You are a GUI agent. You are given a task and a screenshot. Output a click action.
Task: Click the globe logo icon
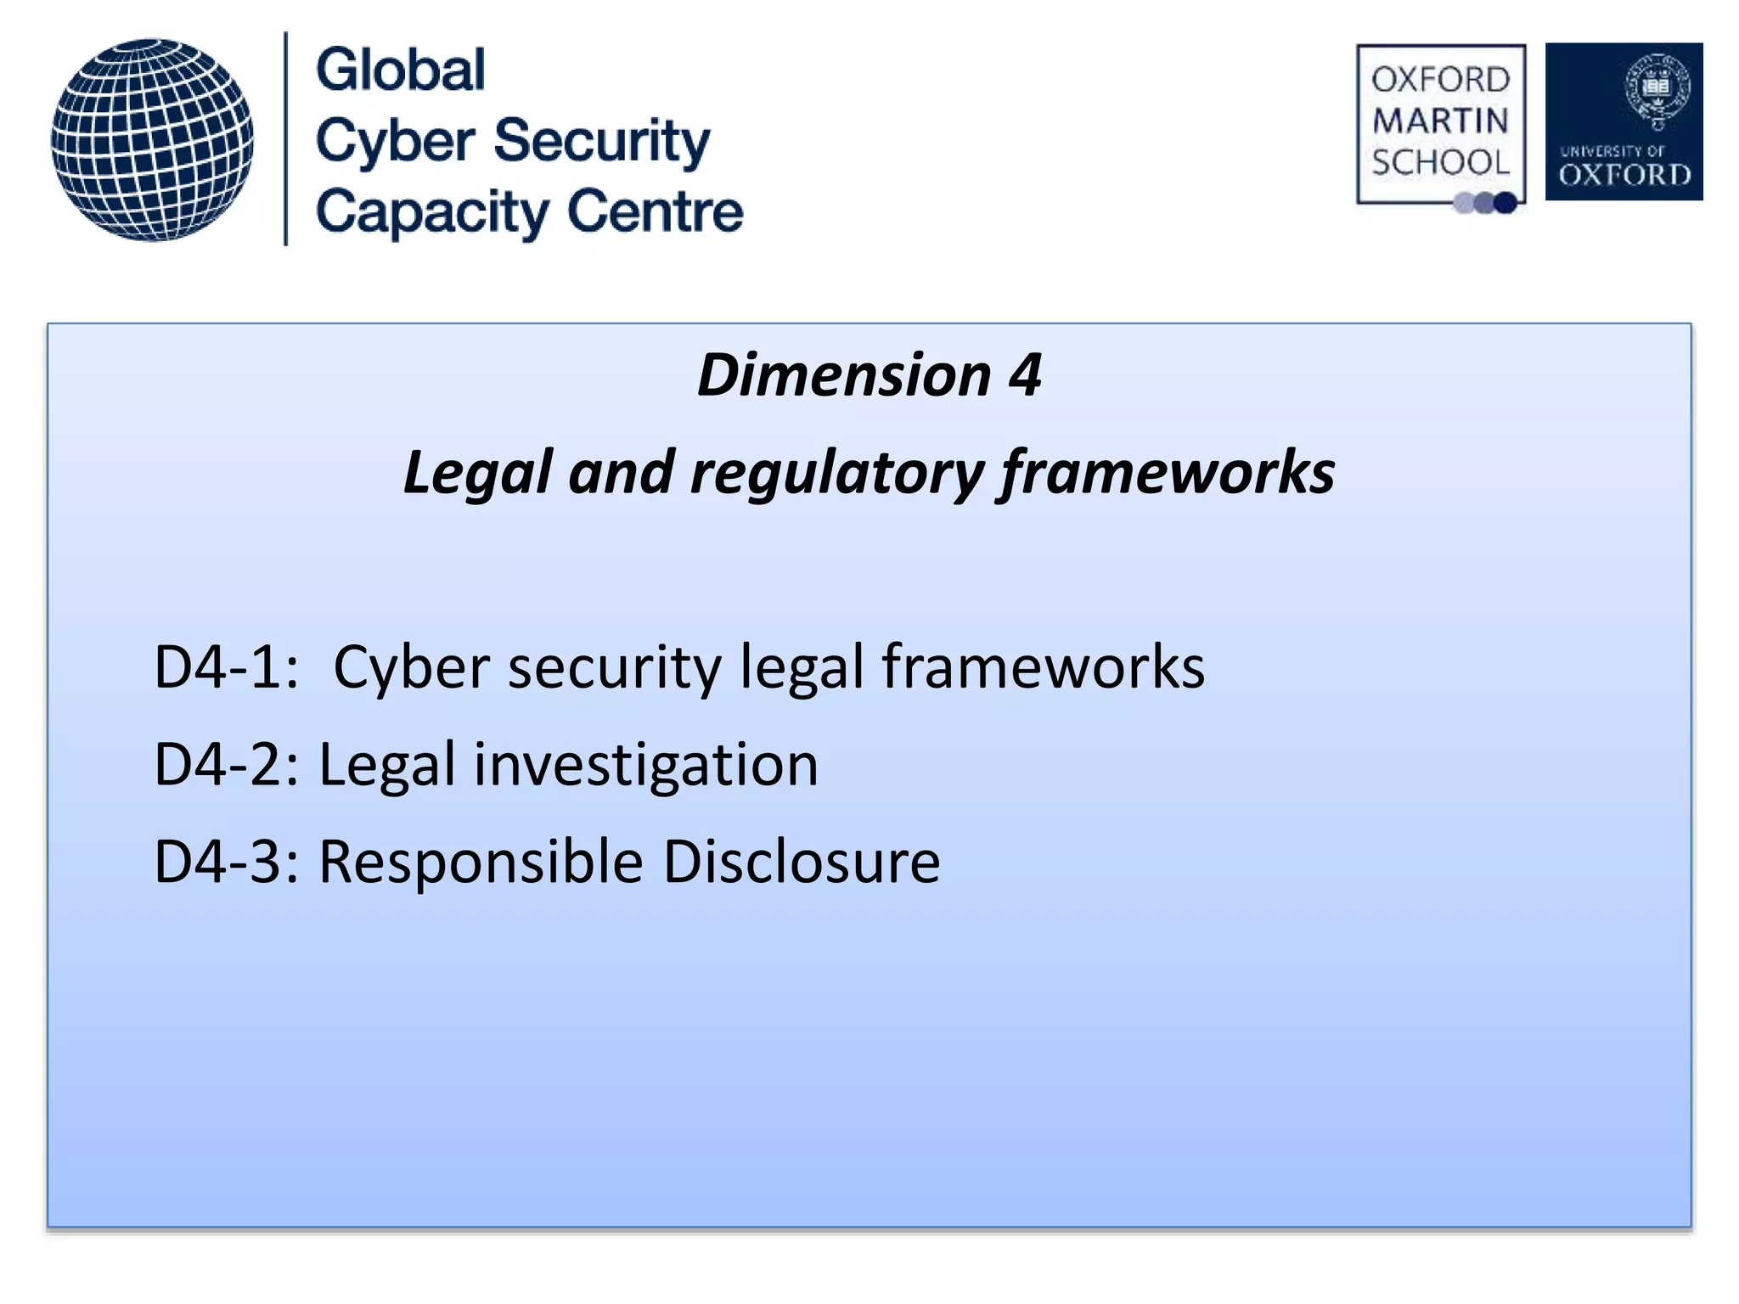[152, 140]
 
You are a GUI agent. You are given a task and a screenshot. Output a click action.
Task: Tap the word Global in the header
[401, 70]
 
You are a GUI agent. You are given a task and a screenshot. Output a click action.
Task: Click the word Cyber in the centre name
[395, 141]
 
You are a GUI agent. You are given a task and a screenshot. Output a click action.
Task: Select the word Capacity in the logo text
[432, 212]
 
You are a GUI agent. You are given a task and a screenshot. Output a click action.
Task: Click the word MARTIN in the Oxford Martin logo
[1440, 121]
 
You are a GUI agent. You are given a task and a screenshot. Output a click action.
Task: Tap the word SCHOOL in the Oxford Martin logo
[1440, 162]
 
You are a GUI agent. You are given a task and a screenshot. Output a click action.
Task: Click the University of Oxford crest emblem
[1657, 90]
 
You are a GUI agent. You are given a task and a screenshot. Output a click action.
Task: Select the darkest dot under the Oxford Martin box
[1505, 203]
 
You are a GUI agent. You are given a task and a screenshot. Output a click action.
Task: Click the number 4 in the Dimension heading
[1025, 374]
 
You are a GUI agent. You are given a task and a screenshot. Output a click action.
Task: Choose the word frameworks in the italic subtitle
[1167, 472]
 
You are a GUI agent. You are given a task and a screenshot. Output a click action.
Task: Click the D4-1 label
[226, 667]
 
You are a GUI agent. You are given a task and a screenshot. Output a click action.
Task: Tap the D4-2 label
[226, 765]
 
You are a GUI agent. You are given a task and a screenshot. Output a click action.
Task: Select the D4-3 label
[226, 863]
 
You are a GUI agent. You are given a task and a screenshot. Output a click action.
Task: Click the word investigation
[645, 765]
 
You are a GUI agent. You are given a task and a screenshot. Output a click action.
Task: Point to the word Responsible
[481, 863]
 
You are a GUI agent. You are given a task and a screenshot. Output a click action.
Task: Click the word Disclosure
[801, 863]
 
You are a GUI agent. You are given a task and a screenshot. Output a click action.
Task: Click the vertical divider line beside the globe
[285, 139]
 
